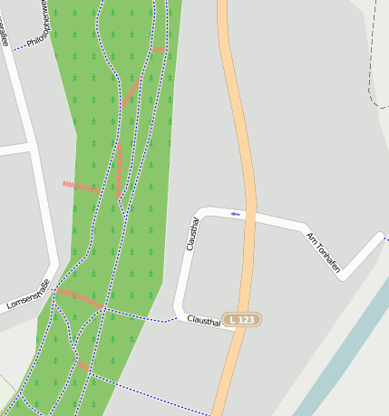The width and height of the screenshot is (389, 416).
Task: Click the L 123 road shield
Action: tap(244, 320)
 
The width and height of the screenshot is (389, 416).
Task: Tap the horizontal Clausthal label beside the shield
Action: tap(204, 320)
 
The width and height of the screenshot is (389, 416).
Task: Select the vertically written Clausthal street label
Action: tap(192, 234)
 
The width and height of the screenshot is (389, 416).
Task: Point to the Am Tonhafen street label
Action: tap(323, 253)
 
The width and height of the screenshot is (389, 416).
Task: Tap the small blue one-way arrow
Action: tap(236, 214)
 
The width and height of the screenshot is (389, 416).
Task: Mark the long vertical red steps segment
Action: tap(119, 169)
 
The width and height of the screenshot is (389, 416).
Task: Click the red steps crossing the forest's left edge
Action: tap(80, 187)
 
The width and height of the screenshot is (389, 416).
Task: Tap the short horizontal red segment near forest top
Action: tap(160, 49)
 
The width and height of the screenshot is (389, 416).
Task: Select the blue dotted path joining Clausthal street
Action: tap(141, 315)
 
